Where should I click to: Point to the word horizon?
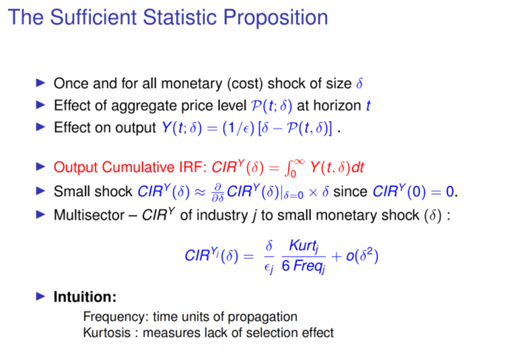[x=337, y=106]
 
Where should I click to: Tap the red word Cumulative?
[x=138, y=167]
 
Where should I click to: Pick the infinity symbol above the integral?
[x=299, y=162]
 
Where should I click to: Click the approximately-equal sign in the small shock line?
[x=200, y=192]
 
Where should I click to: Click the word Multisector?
[x=89, y=215]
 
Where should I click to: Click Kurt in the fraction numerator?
[x=302, y=245]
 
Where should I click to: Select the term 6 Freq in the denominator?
[x=303, y=266]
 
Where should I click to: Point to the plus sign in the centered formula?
[x=336, y=256]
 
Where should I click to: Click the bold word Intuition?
[x=85, y=297]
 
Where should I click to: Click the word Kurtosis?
[x=107, y=333]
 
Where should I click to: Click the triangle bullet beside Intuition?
[x=40, y=296]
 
